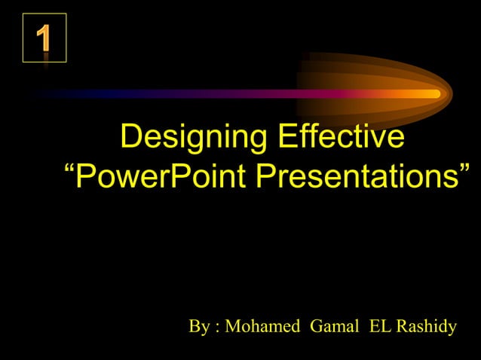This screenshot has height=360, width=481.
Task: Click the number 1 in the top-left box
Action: (44, 38)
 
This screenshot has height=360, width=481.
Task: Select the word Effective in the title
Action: (339, 139)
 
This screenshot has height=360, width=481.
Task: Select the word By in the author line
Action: (199, 327)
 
